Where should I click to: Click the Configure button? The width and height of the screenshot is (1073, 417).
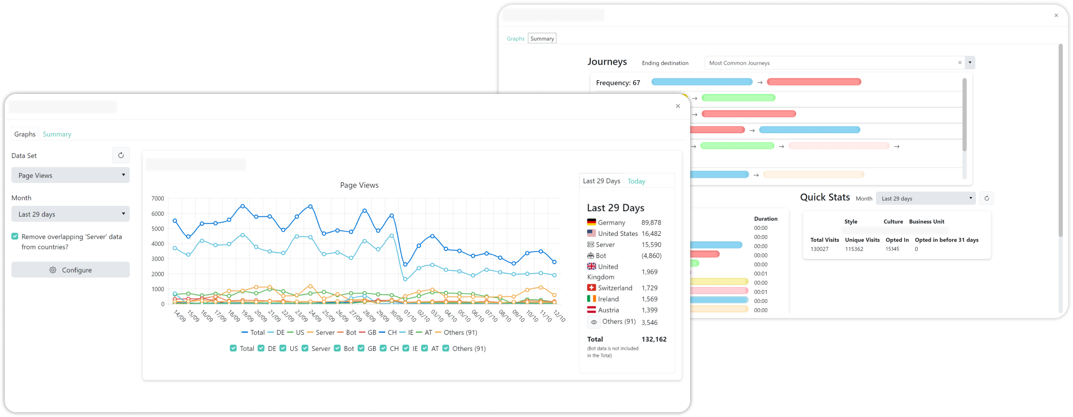tap(70, 270)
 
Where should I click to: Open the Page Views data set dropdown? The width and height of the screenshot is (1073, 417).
tap(70, 175)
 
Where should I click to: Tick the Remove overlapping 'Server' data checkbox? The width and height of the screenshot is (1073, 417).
tap(15, 236)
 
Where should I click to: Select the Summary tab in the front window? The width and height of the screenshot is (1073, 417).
tap(57, 134)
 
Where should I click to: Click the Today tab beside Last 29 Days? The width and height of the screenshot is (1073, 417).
tap(636, 181)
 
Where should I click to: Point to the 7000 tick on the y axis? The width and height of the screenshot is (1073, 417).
tap(158, 198)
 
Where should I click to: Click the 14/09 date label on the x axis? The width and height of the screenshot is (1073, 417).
tap(180, 316)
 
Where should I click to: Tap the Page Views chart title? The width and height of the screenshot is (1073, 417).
tap(359, 185)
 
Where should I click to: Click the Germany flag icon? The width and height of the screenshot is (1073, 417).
tap(592, 222)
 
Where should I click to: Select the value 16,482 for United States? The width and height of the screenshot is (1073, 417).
tap(651, 234)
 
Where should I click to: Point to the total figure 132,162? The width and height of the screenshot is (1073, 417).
tap(654, 339)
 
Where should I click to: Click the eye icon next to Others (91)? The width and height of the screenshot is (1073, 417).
tap(594, 322)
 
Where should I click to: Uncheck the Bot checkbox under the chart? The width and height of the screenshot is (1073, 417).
tap(337, 348)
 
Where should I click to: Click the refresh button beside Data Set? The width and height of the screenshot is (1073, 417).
tap(121, 155)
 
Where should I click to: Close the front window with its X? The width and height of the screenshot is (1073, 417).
tap(677, 106)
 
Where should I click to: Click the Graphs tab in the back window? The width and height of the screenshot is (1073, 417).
tap(515, 38)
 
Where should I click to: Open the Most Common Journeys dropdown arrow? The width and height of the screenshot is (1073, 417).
tap(970, 62)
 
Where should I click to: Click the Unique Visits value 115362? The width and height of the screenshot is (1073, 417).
tap(854, 249)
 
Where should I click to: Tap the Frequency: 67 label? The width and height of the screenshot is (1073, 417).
tap(618, 83)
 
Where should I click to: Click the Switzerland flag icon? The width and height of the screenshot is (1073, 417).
tap(592, 288)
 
